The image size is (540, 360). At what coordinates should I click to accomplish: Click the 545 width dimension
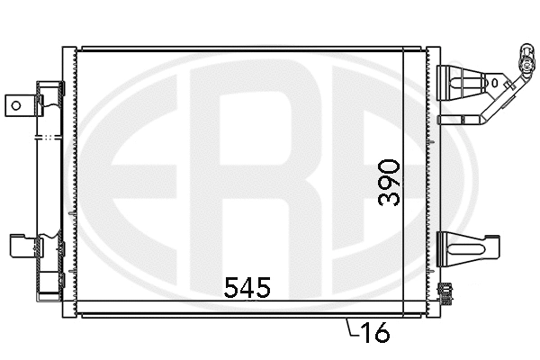(x=247, y=288)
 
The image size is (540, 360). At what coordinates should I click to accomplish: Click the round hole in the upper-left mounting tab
(x=14, y=103)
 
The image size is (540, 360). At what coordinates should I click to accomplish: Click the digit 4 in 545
(x=247, y=288)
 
